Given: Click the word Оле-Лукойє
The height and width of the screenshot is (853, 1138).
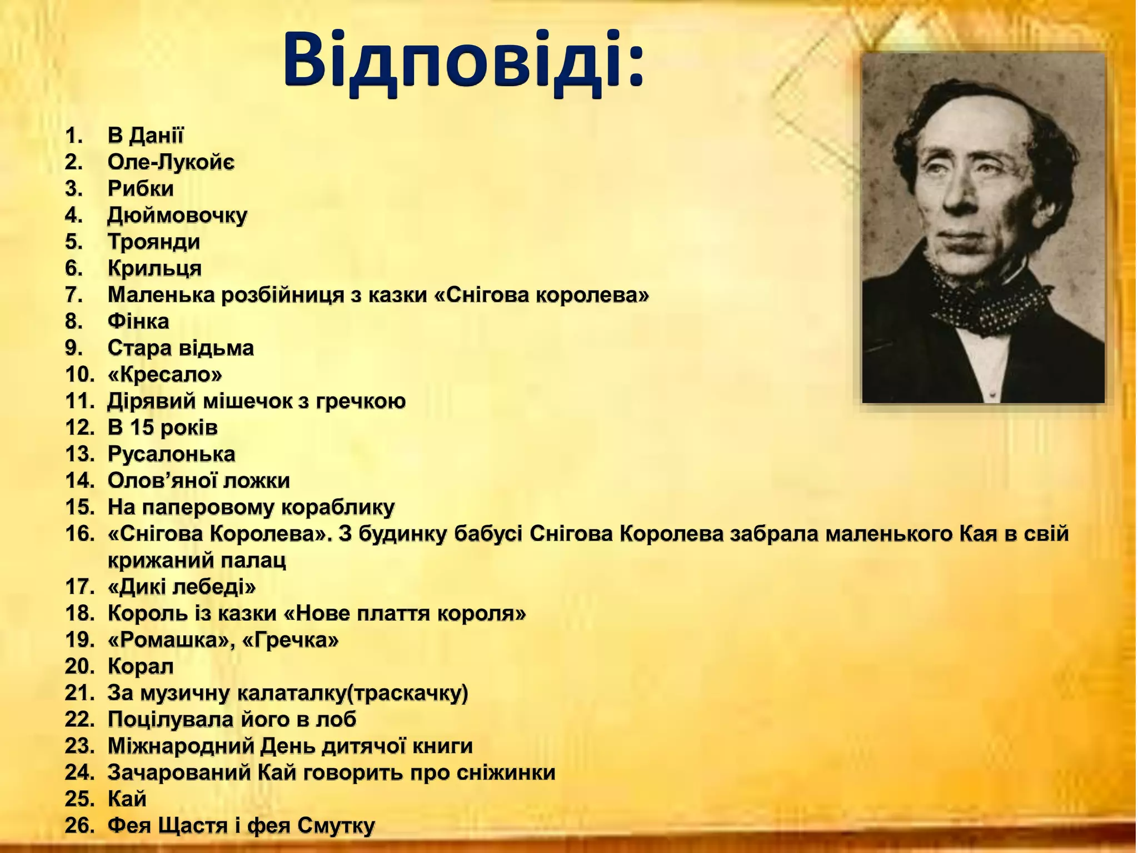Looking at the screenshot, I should pyautogui.click(x=171, y=162).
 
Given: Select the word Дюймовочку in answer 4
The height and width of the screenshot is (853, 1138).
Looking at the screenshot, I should pyautogui.click(x=177, y=215).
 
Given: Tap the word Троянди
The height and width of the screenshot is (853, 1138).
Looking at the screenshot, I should pyautogui.click(x=153, y=242).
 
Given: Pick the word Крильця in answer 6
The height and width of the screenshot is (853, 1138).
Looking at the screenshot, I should pyautogui.click(x=154, y=268).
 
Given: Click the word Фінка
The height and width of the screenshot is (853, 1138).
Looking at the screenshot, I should pyautogui.click(x=138, y=322).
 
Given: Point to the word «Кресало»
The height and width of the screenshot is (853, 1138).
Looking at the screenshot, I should pyautogui.click(x=164, y=374).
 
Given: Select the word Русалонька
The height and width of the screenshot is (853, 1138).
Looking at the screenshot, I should pyautogui.click(x=171, y=454).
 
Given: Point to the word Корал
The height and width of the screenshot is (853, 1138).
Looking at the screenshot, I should pyautogui.click(x=141, y=666).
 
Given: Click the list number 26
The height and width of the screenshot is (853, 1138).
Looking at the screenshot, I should pyautogui.click(x=79, y=826).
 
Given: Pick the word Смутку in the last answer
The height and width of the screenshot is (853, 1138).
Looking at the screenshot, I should pyautogui.click(x=336, y=826).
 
